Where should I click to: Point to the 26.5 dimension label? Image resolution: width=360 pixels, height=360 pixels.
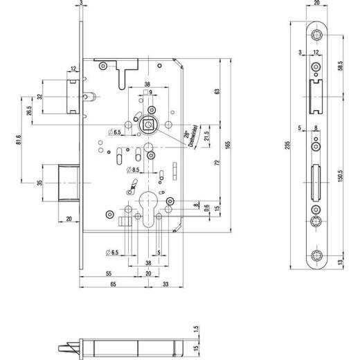point(29,111)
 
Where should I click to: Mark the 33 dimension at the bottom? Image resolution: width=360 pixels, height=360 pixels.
point(166,285)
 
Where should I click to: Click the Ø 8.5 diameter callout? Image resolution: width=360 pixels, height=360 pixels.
point(134,169)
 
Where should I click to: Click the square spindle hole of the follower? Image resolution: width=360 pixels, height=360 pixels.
point(147,126)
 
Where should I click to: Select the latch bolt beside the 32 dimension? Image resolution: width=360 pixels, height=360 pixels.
point(72,96)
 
